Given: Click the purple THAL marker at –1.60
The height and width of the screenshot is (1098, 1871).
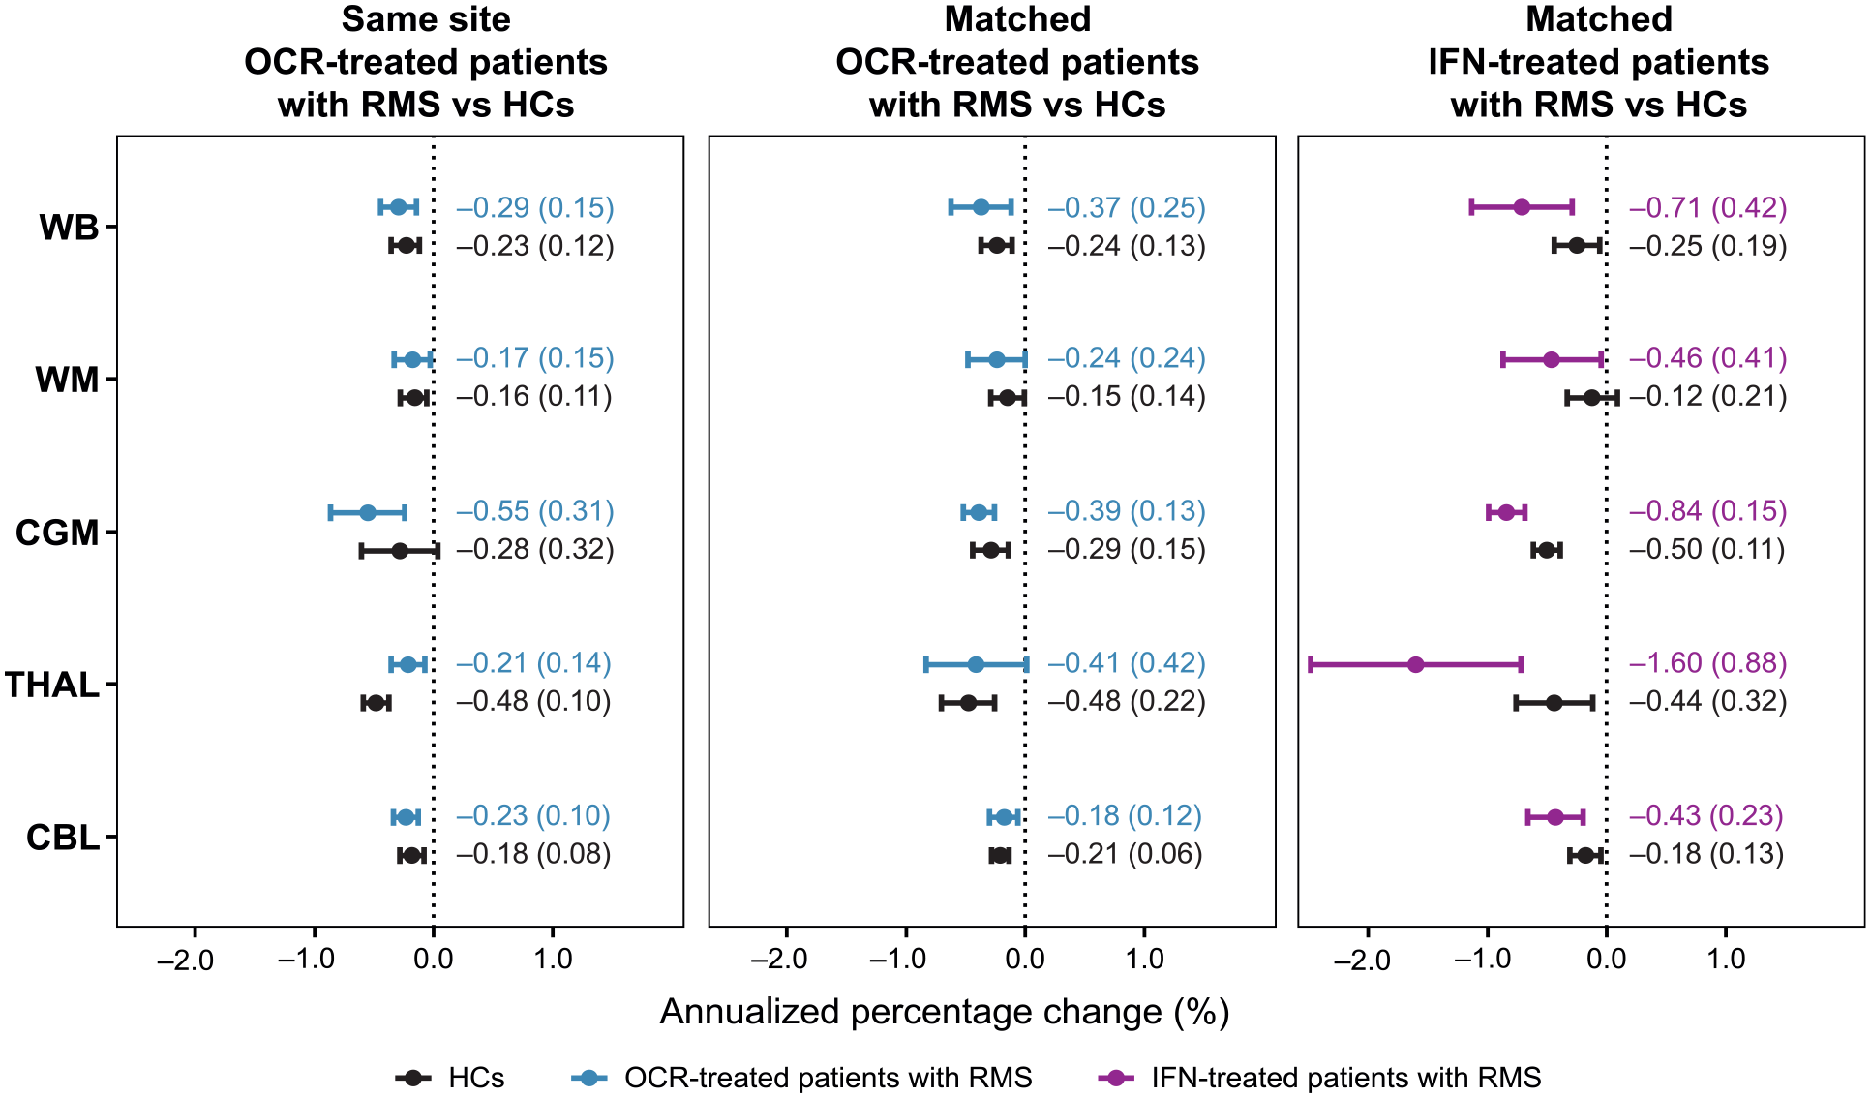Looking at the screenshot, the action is [x=1415, y=664].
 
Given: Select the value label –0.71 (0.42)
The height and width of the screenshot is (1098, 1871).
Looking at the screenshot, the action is [x=1707, y=208].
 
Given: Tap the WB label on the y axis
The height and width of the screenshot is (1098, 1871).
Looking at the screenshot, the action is [x=69, y=228].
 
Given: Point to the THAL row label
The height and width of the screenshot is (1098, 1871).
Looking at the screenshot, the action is [x=52, y=685].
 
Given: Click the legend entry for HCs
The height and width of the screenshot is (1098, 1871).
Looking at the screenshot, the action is [x=450, y=1078].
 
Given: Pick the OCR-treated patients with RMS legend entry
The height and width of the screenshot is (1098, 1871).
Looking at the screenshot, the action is [x=801, y=1078].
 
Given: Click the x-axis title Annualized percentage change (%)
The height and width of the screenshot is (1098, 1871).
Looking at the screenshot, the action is [x=945, y=1012].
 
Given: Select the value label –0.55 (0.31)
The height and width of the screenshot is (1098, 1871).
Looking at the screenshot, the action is [x=535, y=511].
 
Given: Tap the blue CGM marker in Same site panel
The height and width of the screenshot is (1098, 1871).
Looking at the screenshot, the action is [x=368, y=512].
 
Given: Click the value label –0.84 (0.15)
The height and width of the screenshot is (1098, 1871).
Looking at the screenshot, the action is [x=1707, y=511].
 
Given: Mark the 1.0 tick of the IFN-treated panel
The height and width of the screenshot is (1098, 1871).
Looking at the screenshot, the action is [x=1726, y=960].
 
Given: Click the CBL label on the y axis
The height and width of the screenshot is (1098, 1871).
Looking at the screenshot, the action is [x=63, y=838].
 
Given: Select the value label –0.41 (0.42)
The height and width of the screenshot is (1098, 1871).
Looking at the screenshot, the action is [x=1127, y=663].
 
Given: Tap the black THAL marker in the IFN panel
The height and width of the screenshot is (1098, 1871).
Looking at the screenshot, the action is [x=1554, y=702].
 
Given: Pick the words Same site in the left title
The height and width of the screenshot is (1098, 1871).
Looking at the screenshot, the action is [x=426, y=19].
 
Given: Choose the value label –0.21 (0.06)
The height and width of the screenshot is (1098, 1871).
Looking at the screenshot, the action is [x=1125, y=854].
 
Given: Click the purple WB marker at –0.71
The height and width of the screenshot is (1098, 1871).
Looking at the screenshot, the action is [x=1522, y=206].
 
